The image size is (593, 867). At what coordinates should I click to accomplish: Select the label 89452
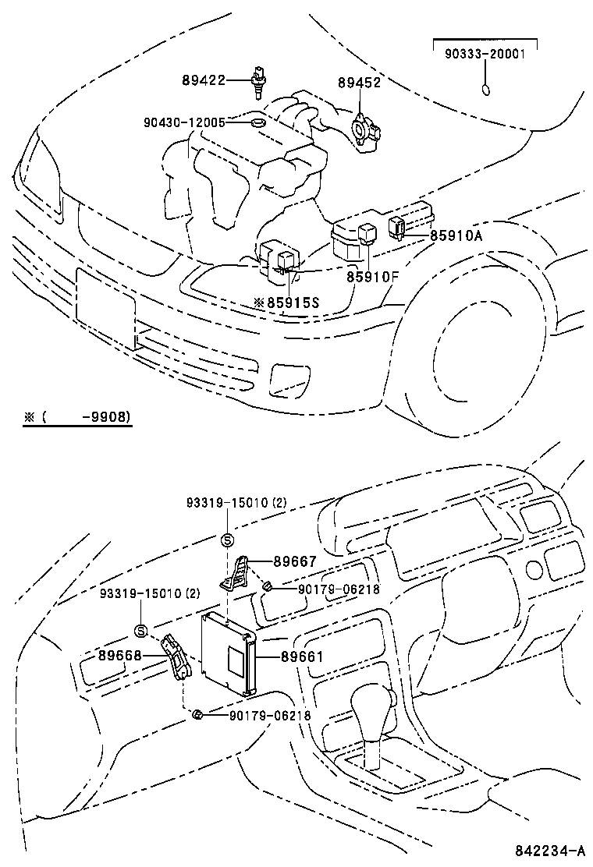click(359, 83)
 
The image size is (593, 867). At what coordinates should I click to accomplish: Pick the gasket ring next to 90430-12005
click(257, 123)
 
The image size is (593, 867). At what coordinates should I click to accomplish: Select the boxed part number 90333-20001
click(485, 55)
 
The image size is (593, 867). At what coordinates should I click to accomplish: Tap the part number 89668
click(119, 656)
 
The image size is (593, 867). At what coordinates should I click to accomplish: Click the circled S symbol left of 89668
click(140, 632)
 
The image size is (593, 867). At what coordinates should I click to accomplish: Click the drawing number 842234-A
click(549, 849)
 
